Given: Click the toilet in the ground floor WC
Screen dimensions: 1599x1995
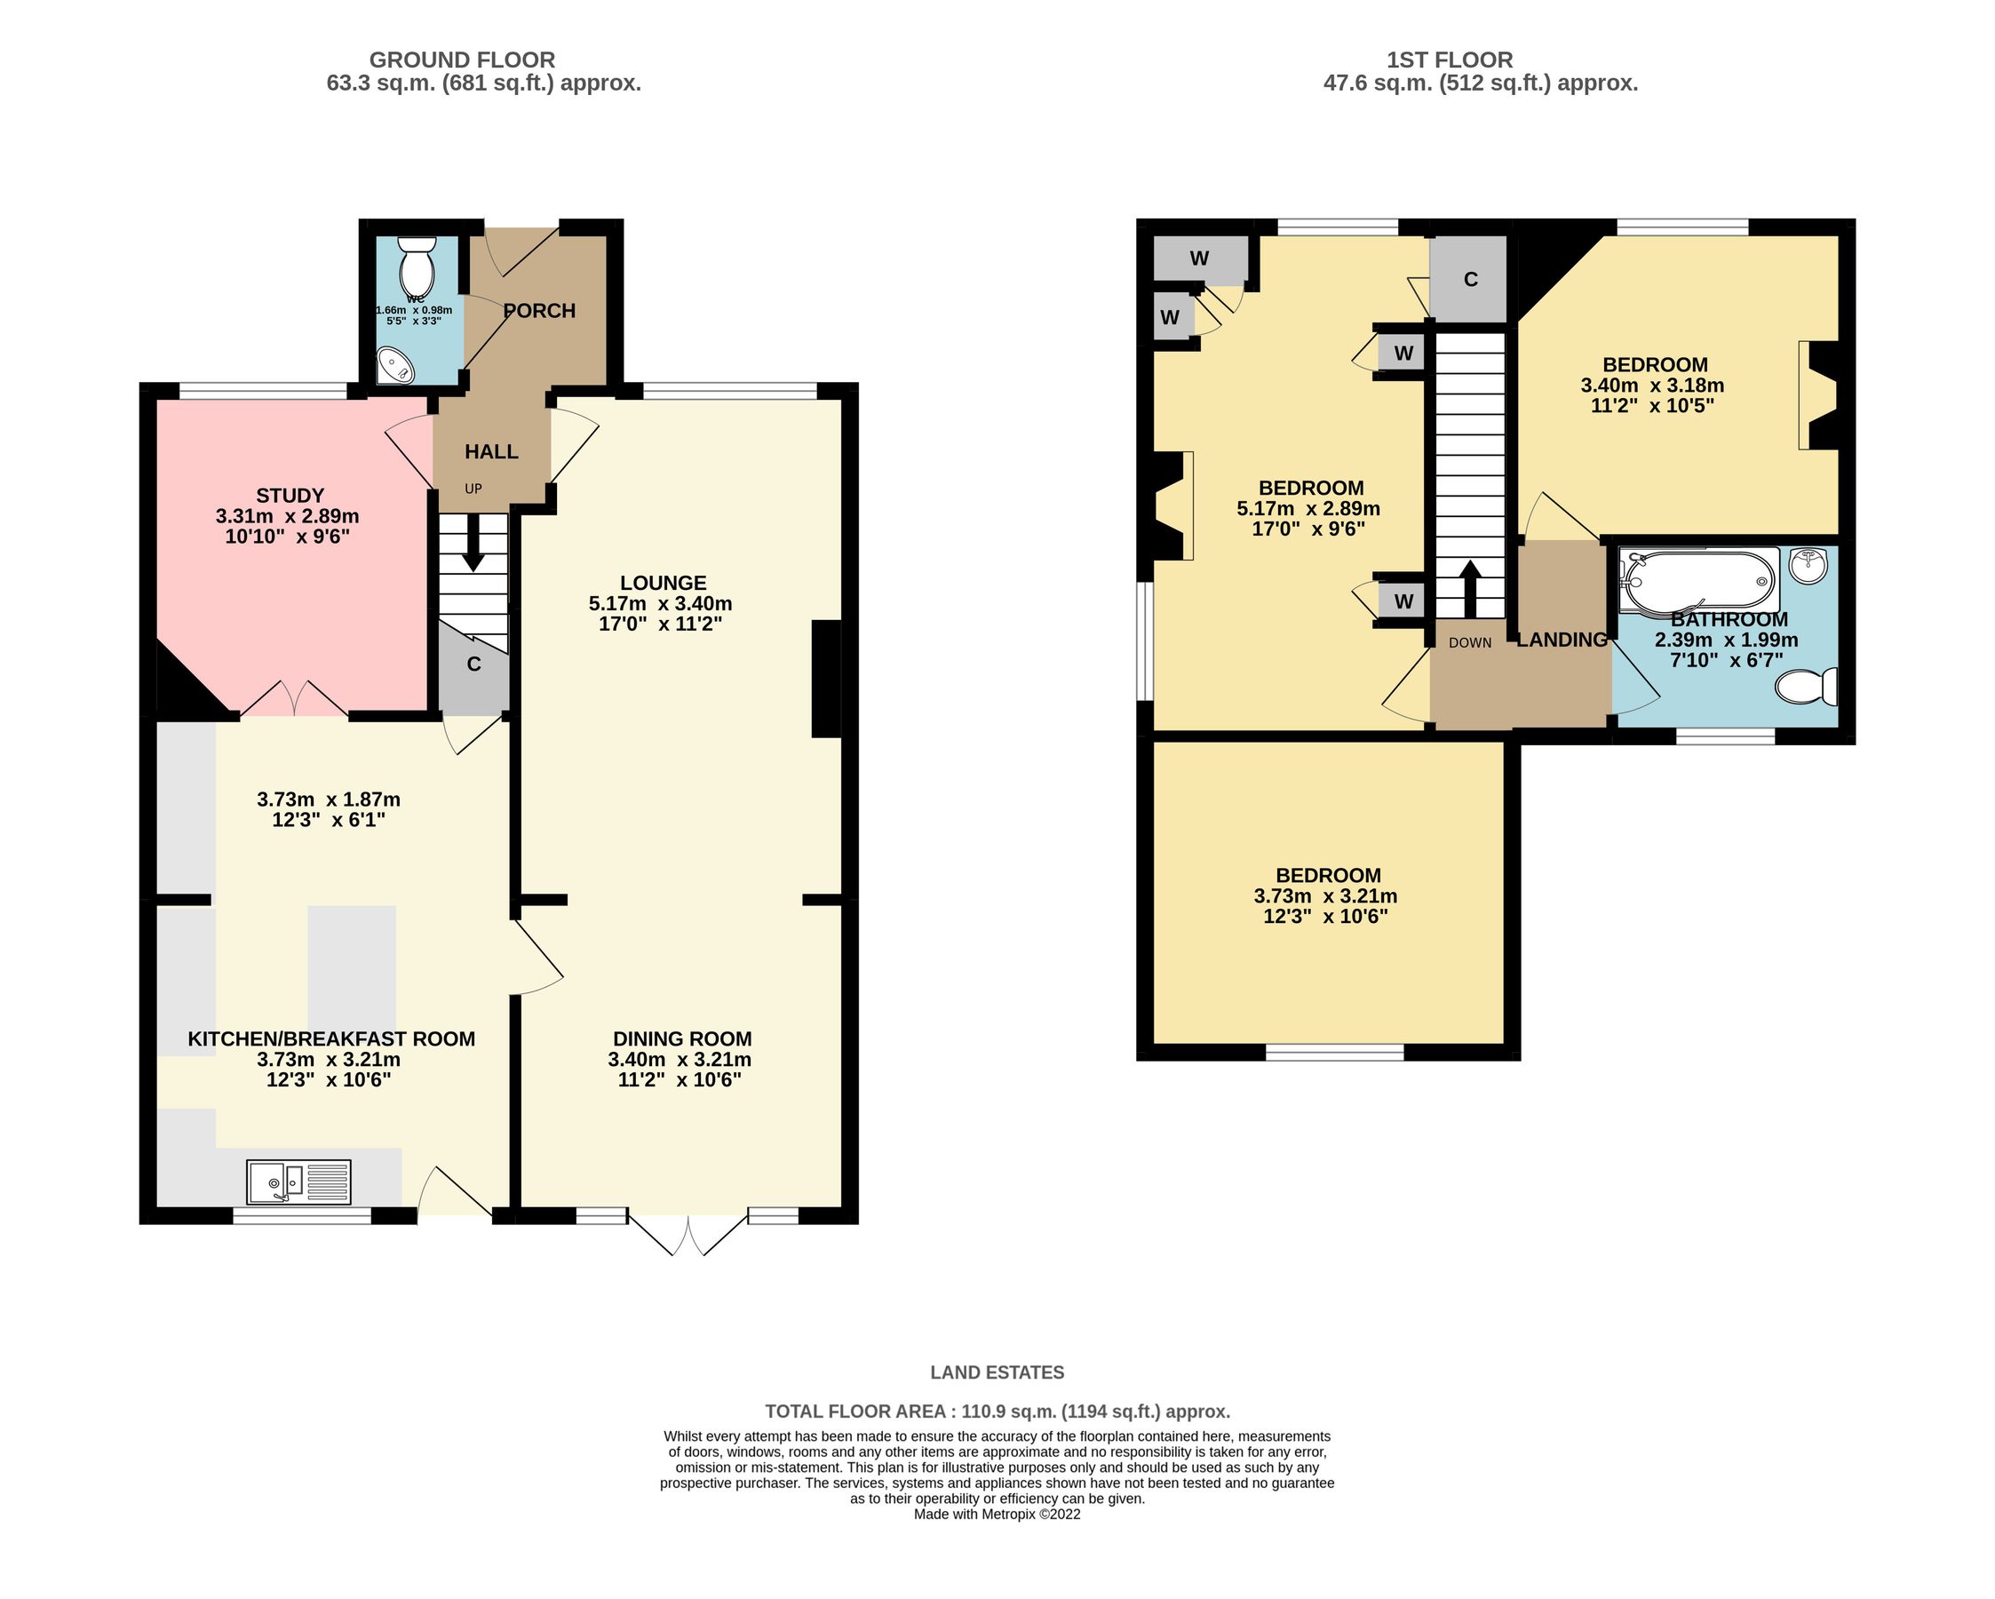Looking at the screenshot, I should click(416, 264).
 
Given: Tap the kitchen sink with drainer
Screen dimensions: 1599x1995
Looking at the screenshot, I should click(298, 1181).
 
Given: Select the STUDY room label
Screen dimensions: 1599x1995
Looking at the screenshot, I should click(290, 495).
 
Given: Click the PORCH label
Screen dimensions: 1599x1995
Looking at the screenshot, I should click(539, 311).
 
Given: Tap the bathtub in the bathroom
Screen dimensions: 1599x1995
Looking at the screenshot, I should click(1698, 580).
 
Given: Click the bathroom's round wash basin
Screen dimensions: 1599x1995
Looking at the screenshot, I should click(1808, 564).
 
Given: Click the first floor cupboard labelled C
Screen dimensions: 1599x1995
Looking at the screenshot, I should click(1470, 280).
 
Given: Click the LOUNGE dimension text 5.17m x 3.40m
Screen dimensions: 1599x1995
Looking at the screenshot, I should click(660, 603).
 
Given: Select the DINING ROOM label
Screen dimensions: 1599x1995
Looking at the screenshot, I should click(682, 1038).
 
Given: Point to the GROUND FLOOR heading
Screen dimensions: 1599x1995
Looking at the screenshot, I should click(462, 60).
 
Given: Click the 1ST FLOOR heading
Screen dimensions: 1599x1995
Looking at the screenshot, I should click(1449, 60).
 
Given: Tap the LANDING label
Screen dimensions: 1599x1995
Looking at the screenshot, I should click(1561, 640).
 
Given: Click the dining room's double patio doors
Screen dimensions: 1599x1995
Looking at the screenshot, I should click(688, 1230).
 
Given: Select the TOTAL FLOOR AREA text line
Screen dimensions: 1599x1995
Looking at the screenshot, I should click(997, 1412).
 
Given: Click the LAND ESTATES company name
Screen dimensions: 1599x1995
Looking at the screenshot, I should click(997, 1372).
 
